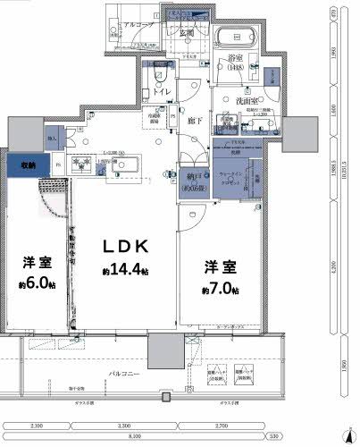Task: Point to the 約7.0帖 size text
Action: (219, 291)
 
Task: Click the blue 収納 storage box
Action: (22, 165)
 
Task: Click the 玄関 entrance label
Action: (188, 33)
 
